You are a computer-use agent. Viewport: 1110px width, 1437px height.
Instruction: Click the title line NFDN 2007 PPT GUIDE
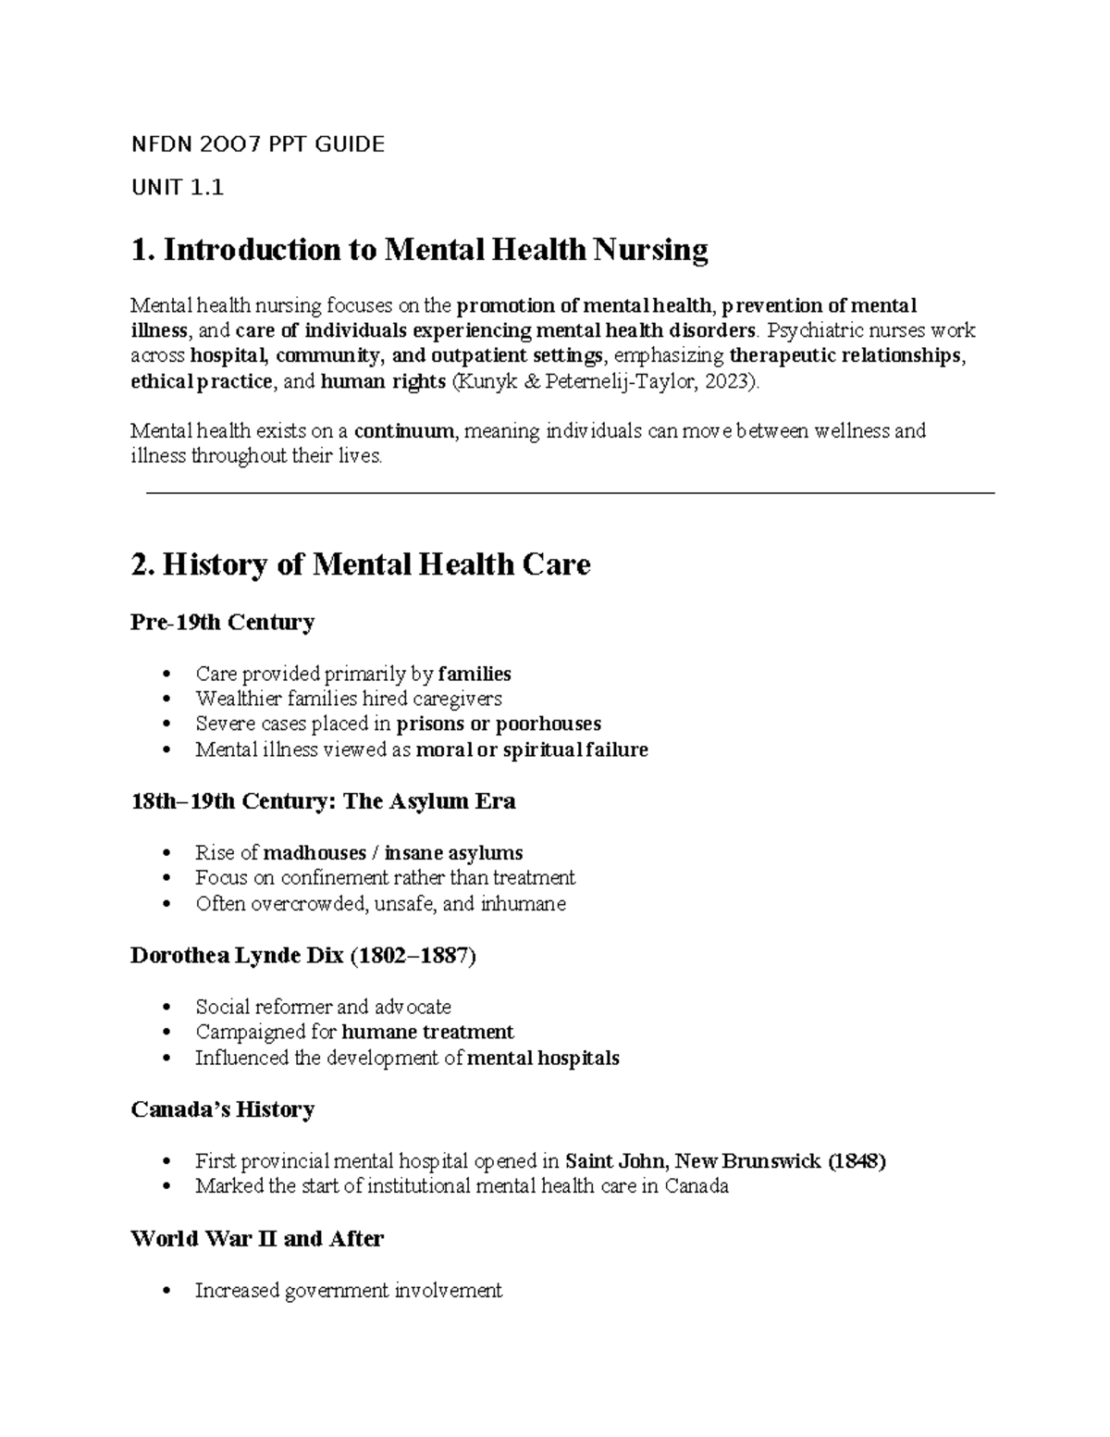click(x=257, y=144)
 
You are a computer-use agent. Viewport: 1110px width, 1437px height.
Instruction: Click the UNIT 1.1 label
click(x=177, y=188)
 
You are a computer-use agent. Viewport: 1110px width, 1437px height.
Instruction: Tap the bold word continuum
click(x=404, y=431)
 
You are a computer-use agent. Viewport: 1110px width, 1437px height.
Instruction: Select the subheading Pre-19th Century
click(x=222, y=622)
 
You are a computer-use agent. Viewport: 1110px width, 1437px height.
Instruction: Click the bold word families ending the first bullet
click(x=474, y=674)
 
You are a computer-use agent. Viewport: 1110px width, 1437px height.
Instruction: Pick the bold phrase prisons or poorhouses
click(x=499, y=724)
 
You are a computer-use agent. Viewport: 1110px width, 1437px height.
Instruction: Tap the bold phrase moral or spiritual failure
click(x=532, y=749)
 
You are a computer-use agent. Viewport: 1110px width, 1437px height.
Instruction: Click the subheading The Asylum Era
click(x=429, y=801)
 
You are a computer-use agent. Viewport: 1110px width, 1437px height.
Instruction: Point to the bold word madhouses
click(x=314, y=852)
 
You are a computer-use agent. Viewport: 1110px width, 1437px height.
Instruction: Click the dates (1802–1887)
click(x=413, y=956)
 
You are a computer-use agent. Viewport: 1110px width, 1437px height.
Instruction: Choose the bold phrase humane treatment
click(x=427, y=1032)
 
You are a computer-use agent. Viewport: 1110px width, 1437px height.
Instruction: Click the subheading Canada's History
click(x=222, y=1109)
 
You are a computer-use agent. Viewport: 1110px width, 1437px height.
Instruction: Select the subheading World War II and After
click(x=256, y=1239)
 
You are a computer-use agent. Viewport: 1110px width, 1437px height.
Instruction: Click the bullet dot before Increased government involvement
click(x=166, y=1291)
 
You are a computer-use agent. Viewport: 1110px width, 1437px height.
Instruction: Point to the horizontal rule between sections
click(x=570, y=494)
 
